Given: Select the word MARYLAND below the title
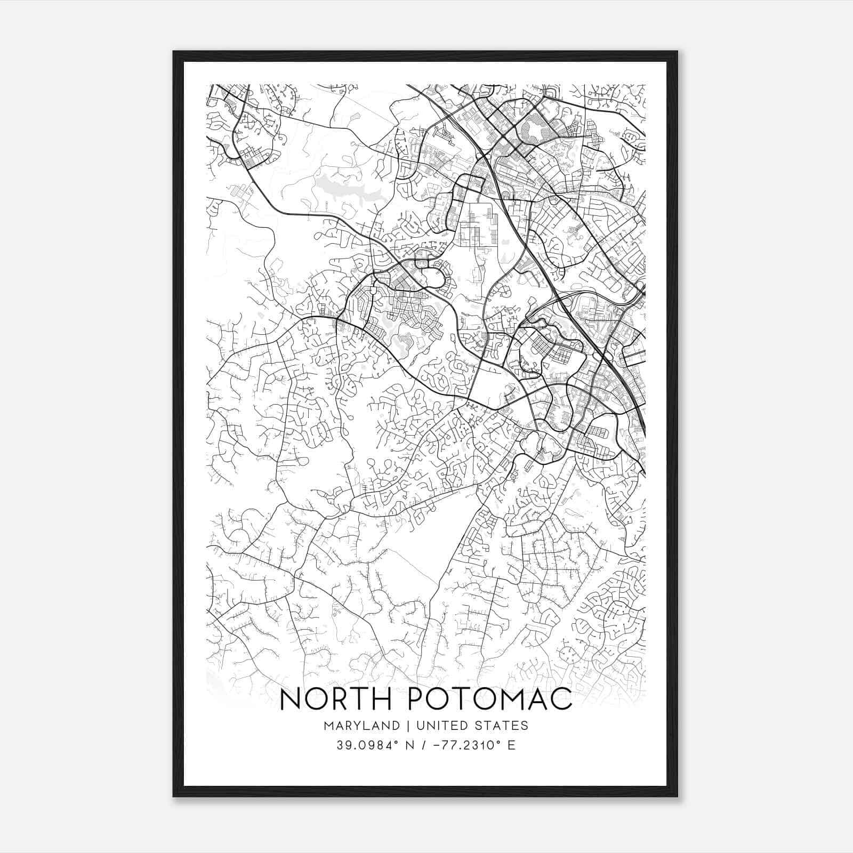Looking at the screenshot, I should [361, 726].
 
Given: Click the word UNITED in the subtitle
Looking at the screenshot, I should [440, 726].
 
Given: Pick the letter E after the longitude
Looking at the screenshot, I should [512, 745].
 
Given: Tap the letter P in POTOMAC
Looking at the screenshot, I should [416, 699].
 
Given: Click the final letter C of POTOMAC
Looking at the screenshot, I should [561, 699].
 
